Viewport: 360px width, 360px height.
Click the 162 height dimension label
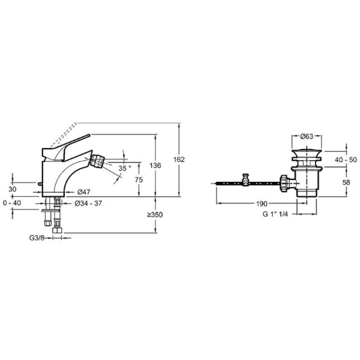[179, 160]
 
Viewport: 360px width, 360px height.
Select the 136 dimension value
[155, 166]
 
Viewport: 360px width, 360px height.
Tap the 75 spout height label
[139, 180]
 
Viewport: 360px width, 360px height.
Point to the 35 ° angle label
[124, 168]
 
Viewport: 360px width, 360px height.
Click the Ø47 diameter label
[84, 192]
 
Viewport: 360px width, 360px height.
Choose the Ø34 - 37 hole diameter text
[88, 203]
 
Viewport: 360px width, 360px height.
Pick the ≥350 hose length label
[155, 215]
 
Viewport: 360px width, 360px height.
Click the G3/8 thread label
[37, 238]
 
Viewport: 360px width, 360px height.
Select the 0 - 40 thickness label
[12, 203]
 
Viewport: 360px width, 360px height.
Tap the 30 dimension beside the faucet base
[13, 190]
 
